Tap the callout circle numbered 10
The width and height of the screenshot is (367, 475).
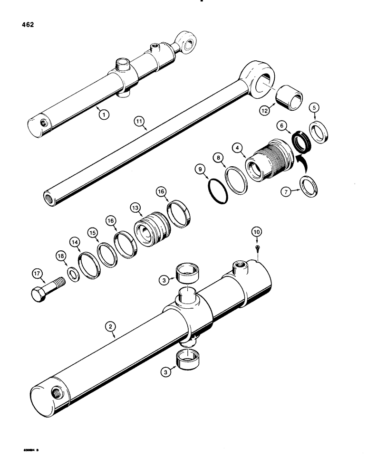pos(257,231)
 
